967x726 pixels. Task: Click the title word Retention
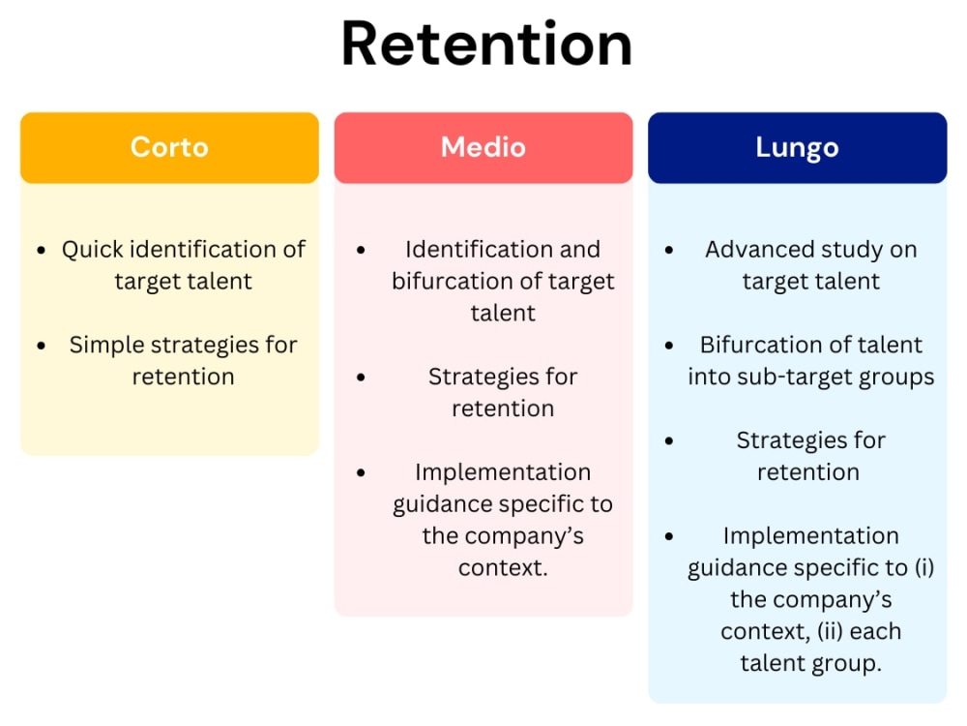pos(486,45)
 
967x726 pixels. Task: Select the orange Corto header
pos(169,147)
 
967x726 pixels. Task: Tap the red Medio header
pos(483,147)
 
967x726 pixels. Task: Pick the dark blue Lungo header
pos(797,147)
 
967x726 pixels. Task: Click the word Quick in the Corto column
pos(93,250)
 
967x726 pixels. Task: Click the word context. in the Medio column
pos(503,568)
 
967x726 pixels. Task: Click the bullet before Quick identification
pos(41,250)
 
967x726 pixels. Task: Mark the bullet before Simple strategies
pos(41,346)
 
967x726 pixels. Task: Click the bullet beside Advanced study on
pos(669,250)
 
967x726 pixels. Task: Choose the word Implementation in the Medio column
pos(503,472)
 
